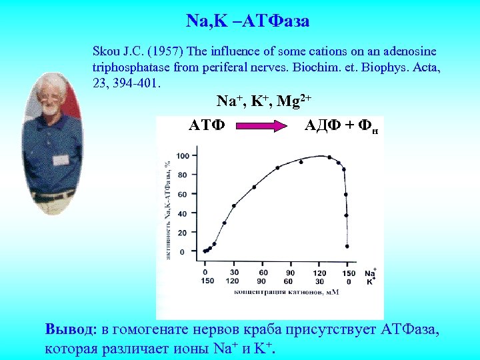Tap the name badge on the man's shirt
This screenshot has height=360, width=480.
(61, 160)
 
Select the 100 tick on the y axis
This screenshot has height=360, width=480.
(182, 156)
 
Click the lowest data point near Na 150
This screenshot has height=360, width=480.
(347, 246)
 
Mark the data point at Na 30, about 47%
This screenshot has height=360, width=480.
(234, 205)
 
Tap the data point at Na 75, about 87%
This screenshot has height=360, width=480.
(277, 167)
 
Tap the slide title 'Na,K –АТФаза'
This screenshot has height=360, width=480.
(247, 21)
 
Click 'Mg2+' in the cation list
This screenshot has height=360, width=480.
(293, 102)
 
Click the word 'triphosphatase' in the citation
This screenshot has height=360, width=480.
(131, 67)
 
